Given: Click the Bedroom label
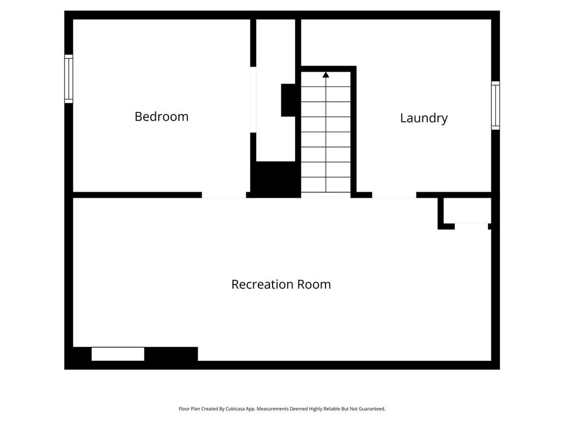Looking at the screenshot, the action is pos(161,117).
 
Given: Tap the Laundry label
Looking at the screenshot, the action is pos(424,118).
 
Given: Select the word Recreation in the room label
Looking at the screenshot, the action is pos(262,285).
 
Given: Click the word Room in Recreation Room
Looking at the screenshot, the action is pos(313,285).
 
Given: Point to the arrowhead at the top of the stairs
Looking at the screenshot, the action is pos(326,74).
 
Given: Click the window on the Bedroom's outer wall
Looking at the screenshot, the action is pos(69,79).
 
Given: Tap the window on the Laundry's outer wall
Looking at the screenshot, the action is pos(496,105).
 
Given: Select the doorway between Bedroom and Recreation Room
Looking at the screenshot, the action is pos(224,195).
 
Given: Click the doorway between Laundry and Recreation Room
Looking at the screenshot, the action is pos(394,195).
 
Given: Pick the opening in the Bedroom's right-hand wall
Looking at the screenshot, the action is pos(253,100).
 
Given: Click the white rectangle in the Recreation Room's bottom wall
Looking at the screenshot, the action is pos(118,354).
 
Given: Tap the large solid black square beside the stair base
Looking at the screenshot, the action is pos(275,180).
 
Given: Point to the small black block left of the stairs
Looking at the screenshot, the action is pos(288,100).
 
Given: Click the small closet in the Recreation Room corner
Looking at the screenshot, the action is pos(467,210).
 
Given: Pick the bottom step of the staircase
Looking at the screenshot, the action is pos(326,185).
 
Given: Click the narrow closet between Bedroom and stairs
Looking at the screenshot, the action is pos(275,90).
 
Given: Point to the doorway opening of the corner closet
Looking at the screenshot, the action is pos(471,226).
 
